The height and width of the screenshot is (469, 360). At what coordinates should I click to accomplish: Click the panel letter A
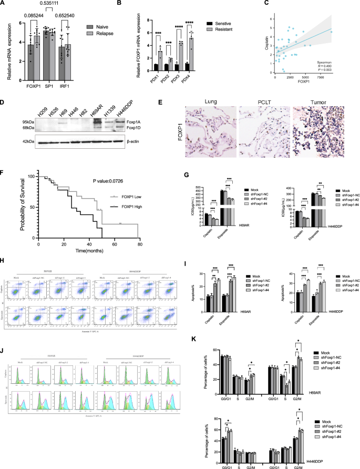click(4, 4)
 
